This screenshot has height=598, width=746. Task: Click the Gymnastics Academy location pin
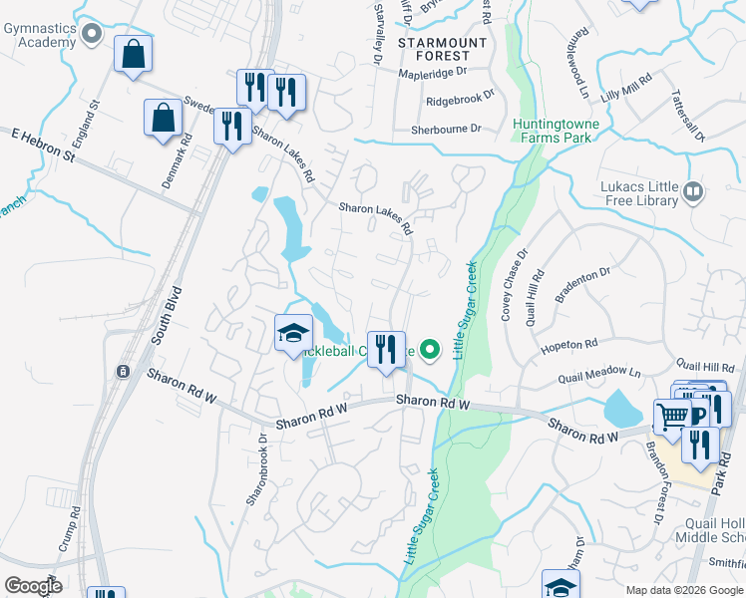(x=92, y=36)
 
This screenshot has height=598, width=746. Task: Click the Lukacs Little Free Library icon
(x=693, y=189)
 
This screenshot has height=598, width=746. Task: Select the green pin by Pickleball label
(x=430, y=349)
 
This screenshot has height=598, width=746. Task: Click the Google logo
(x=33, y=585)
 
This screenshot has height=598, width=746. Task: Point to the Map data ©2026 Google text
(x=683, y=590)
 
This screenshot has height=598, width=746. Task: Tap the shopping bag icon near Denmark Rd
(x=163, y=119)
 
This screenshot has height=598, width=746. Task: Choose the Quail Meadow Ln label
(x=599, y=375)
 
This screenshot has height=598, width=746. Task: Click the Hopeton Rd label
(x=568, y=345)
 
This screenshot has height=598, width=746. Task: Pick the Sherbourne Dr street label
(x=448, y=130)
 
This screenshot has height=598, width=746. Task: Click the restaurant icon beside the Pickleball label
(x=386, y=350)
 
